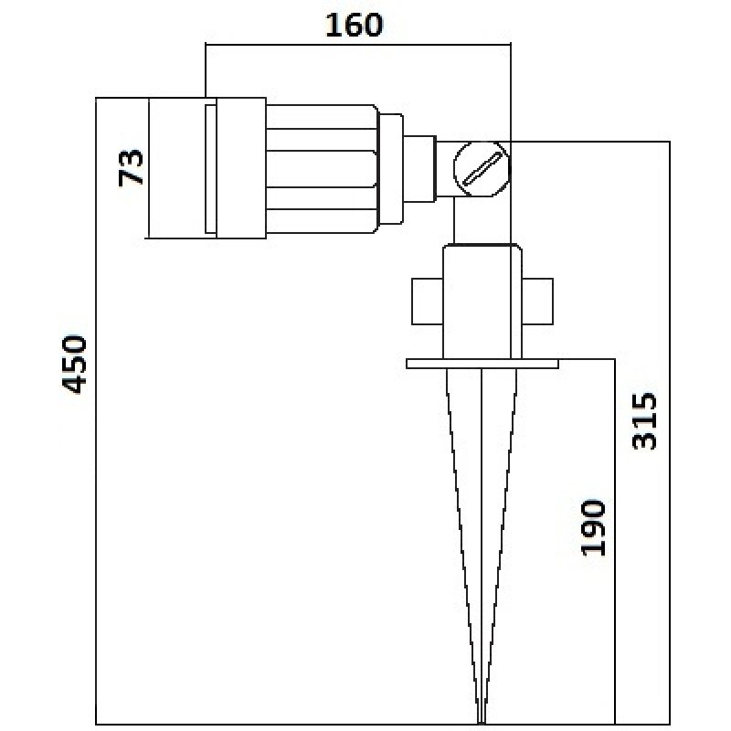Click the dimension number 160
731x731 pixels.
click(x=354, y=25)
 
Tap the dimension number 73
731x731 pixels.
click(x=130, y=168)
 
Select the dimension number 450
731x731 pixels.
click(x=75, y=364)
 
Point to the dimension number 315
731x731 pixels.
click(x=644, y=421)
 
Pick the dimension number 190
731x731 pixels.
click(x=593, y=528)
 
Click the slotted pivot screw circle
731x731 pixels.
click(x=482, y=169)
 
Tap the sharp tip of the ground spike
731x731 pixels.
click(x=482, y=723)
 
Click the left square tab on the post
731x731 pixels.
click(x=427, y=302)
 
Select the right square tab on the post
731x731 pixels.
click(x=537, y=302)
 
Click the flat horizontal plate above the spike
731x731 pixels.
click(x=482, y=364)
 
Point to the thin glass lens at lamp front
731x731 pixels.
click(x=211, y=168)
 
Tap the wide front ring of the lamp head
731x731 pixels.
click(x=241, y=168)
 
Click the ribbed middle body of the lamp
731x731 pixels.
click(x=322, y=168)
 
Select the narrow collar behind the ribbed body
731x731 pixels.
click(x=391, y=168)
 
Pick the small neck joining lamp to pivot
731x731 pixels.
click(x=419, y=169)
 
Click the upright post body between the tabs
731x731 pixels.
click(x=482, y=302)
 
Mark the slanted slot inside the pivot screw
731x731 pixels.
click(x=482, y=169)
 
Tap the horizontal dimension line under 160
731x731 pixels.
click(x=358, y=44)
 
